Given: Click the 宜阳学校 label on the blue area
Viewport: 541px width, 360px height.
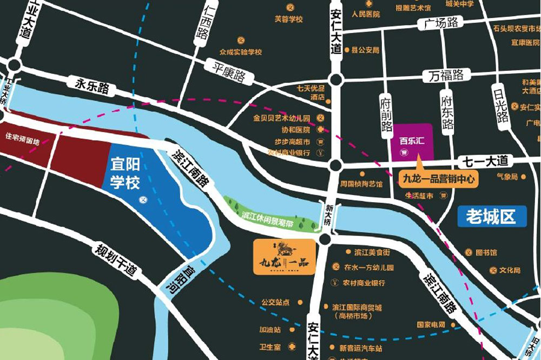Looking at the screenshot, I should [x=126, y=172].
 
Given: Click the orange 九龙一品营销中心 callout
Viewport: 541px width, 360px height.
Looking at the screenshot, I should [x=439, y=177].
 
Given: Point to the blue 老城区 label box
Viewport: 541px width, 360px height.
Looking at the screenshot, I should [x=492, y=216].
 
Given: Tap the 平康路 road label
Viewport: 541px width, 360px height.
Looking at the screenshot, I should [x=229, y=71].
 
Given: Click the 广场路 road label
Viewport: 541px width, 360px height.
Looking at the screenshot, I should [x=441, y=23].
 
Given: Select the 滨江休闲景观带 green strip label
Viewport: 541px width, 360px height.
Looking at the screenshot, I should [x=267, y=215].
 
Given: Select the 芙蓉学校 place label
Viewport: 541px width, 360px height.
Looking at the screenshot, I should [x=288, y=19].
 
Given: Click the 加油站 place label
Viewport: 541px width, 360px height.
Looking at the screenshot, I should [x=270, y=329].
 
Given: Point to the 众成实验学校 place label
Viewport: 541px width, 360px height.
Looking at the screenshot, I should [x=241, y=52].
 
